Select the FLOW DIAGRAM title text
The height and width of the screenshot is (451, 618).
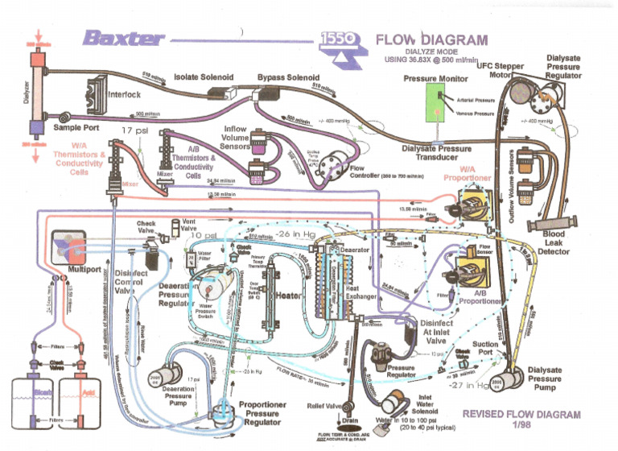[x=431, y=39]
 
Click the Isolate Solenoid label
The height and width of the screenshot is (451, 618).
[x=204, y=77]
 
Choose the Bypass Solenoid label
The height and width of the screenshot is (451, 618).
[x=288, y=77]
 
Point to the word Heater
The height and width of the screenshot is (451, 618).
[x=289, y=296]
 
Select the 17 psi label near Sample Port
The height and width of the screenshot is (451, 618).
[x=135, y=130]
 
